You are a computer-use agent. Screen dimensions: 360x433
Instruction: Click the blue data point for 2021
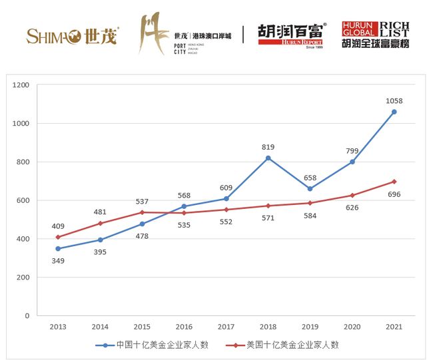394,112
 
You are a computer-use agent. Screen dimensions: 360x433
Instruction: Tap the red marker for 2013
58,237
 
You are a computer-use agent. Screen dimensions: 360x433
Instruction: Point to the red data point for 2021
394,182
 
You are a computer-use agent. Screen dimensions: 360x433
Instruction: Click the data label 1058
394,101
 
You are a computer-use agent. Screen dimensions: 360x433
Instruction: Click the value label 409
58,226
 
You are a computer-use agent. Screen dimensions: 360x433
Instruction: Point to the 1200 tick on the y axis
21,85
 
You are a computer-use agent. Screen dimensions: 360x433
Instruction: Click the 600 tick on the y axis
23,200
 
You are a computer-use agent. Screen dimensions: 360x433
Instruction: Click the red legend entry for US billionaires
283,345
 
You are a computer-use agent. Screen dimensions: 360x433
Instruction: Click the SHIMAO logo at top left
72,35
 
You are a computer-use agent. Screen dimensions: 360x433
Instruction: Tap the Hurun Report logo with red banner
291,35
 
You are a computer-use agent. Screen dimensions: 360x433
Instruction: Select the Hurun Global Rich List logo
375,35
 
